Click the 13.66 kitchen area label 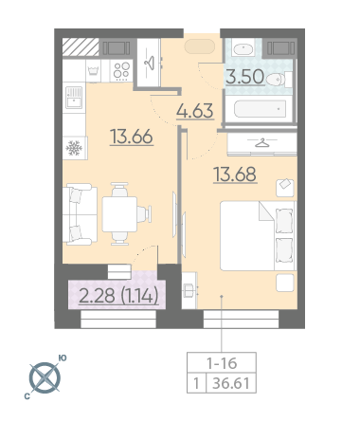click(132, 137)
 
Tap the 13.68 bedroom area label click(235, 174)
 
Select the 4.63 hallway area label click(195, 111)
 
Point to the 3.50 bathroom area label click(245, 77)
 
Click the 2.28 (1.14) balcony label click(118, 296)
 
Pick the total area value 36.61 click(231, 383)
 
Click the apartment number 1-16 click(222, 363)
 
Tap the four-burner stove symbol click(121, 71)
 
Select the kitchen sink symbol click(74, 98)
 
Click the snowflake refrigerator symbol click(74, 148)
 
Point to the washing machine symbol click(94, 71)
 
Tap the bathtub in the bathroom click(261, 109)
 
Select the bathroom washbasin click(243, 48)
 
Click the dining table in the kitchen click(119, 214)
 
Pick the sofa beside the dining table click(80, 214)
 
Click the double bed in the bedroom click(259, 235)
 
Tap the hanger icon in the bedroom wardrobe click(261, 143)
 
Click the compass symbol click(45, 378)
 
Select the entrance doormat click(200, 46)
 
